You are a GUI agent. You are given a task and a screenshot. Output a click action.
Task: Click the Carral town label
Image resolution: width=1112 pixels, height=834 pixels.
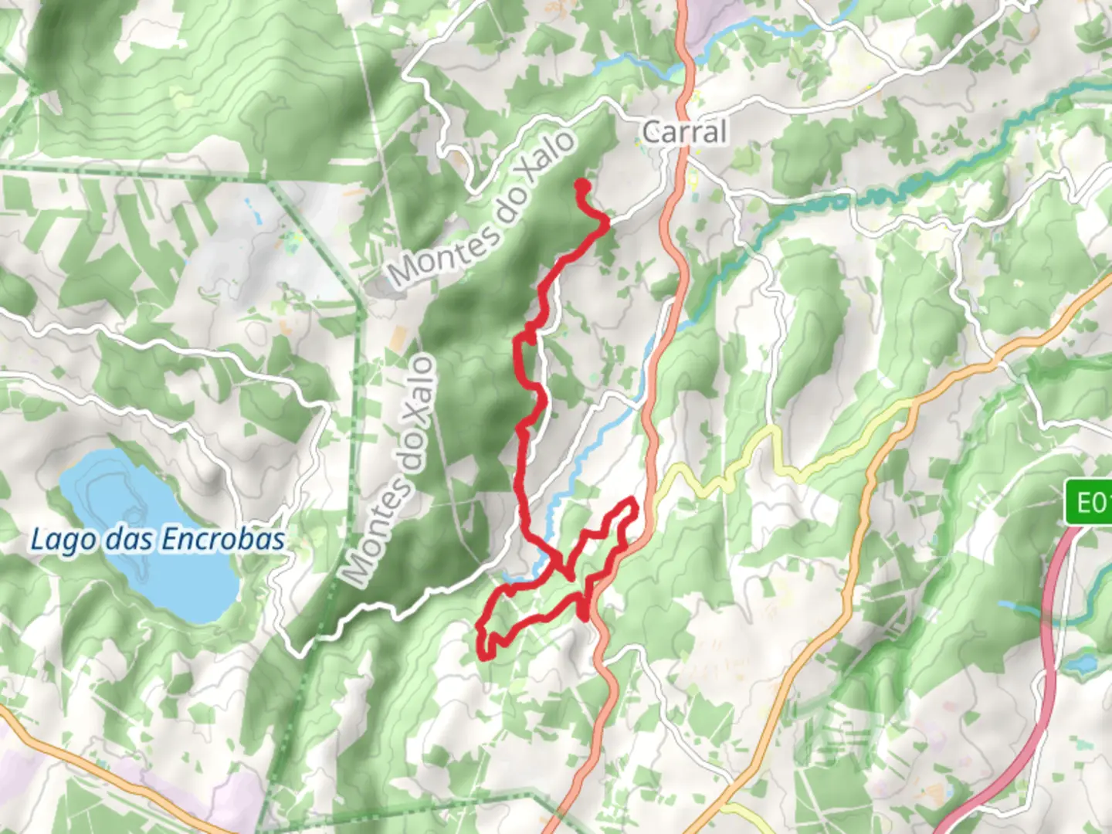pos(684,132)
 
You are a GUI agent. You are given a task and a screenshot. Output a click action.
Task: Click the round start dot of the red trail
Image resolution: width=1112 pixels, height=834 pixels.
pos(581,185)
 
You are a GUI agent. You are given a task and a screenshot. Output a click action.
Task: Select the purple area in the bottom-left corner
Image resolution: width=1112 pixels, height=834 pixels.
pos(232,803)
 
